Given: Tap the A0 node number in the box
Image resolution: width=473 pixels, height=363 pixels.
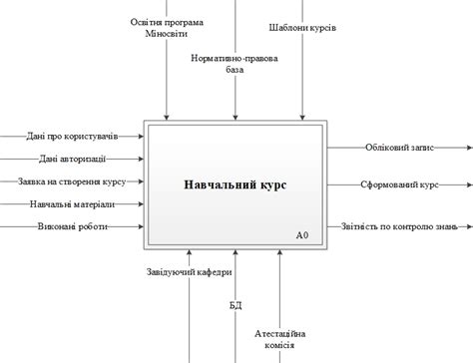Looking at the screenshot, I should pyautogui.click(x=302, y=236).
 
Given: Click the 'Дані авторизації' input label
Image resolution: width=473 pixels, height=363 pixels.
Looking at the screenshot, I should pyautogui.click(x=73, y=158).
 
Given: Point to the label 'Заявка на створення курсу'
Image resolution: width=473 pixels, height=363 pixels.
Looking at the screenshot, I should pyautogui.click(x=71, y=181).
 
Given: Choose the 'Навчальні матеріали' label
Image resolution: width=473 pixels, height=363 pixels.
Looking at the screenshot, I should pyautogui.click(x=72, y=203).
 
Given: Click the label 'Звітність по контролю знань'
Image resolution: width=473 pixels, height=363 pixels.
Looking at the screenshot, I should pyautogui.click(x=398, y=226).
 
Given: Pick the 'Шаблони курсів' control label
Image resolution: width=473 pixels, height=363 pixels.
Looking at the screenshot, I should pyautogui.click(x=302, y=28).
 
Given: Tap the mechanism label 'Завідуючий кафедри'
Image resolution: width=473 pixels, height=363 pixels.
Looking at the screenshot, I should pyautogui.click(x=189, y=271).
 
